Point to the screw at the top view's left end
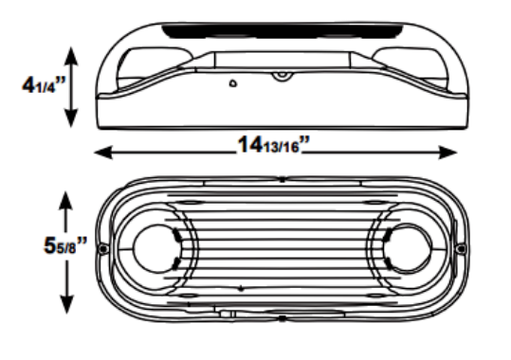pos(101,250)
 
